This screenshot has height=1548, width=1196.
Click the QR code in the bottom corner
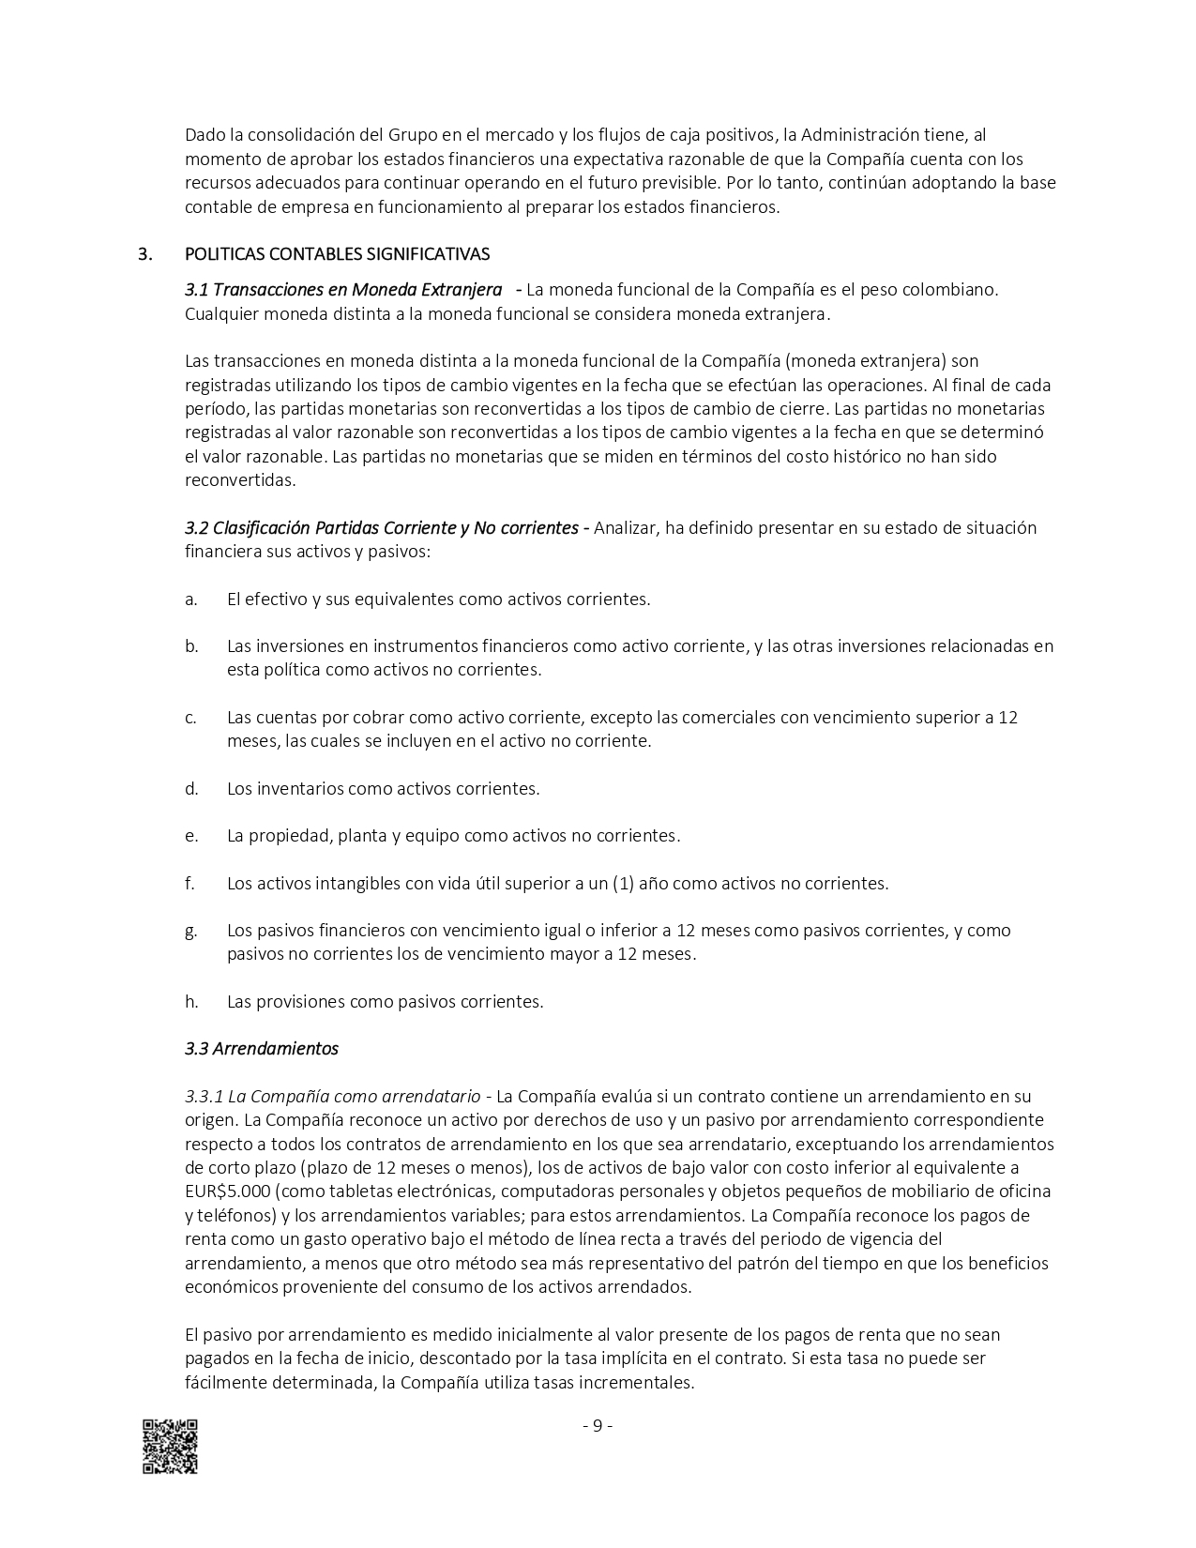click(x=170, y=1446)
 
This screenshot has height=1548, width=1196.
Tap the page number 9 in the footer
click(x=598, y=1426)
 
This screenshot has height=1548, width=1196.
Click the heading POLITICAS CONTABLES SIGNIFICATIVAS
click(x=337, y=254)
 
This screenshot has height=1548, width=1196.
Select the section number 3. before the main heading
click(x=144, y=254)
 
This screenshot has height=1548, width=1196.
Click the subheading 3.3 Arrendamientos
click(x=262, y=1048)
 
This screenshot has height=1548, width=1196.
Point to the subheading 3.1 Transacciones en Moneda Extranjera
click(x=342, y=289)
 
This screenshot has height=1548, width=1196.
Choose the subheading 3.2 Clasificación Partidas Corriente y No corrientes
click(x=381, y=527)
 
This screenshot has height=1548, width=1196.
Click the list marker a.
click(x=191, y=599)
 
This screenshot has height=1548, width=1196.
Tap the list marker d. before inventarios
click(x=191, y=788)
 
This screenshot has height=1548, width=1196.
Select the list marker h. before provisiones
click(x=191, y=1001)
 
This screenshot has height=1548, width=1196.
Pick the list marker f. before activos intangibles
click(x=190, y=883)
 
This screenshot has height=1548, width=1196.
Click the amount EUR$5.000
click(x=228, y=1191)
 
